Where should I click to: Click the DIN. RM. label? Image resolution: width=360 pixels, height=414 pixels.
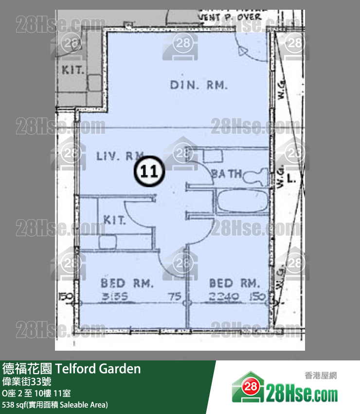(199, 85)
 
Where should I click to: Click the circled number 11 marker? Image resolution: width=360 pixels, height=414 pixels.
(149, 171)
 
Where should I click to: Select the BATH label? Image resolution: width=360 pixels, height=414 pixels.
(226, 173)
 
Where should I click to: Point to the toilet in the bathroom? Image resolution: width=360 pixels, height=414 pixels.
(256, 176)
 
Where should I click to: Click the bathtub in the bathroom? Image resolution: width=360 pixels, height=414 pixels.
(241, 202)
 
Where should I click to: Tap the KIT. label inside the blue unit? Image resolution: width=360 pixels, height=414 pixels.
(114, 220)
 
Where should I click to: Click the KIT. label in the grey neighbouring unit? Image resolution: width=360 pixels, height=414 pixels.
(73, 69)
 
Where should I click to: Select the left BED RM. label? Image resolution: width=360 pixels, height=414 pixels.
(127, 282)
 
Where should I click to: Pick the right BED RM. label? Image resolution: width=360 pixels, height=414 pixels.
(234, 282)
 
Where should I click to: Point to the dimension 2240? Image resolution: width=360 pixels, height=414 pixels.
(224, 297)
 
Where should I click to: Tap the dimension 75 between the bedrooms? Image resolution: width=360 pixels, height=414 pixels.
(175, 297)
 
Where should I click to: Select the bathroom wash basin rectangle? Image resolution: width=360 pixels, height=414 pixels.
(211, 155)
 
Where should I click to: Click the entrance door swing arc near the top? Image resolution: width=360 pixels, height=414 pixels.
(251, 49)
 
